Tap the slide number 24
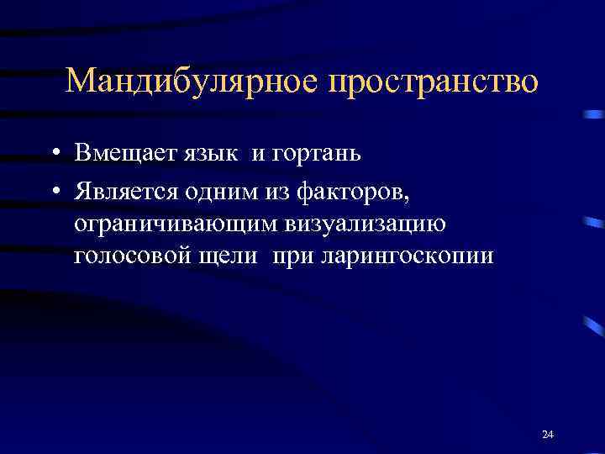548,435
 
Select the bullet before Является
53,191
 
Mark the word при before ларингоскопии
292,257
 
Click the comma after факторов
408,197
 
